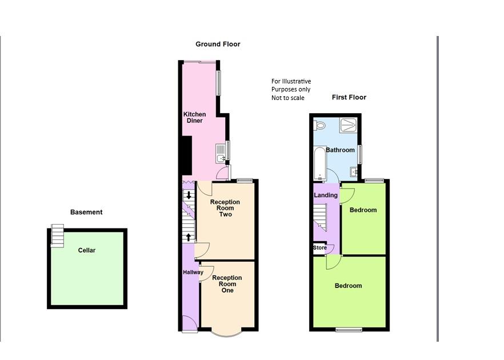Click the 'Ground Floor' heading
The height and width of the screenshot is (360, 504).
pyautogui.click(x=218, y=44)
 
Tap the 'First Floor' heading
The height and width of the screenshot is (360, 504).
pyautogui.click(x=349, y=97)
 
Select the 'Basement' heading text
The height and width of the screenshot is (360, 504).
pyautogui.click(x=86, y=212)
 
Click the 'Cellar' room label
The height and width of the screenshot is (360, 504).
pyautogui.click(x=87, y=250)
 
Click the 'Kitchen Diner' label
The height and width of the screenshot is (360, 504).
pyautogui.click(x=194, y=118)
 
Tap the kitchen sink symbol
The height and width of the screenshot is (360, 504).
pyautogui.click(x=221, y=152)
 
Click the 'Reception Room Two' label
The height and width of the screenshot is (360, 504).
pyautogui.click(x=225, y=208)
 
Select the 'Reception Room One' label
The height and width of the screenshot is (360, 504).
pyautogui.click(x=227, y=284)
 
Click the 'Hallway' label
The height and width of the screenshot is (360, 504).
pyautogui.click(x=193, y=273)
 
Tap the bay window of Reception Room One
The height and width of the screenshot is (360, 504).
pyautogui.click(x=227, y=332)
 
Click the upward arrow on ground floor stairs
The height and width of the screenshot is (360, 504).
pyautogui.click(x=189, y=237)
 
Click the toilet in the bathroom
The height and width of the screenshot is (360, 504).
pyautogui.click(x=319, y=125)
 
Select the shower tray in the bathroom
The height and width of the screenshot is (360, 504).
pyautogui.click(x=348, y=125)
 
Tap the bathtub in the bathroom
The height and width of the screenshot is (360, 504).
pyautogui.click(x=319, y=163)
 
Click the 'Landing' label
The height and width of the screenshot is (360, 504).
pyautogui.click(x=326, y=195)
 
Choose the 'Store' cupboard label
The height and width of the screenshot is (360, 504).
pyautogui.click(x=320, y=248)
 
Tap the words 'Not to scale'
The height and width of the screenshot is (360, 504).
pyautogui.click(x=288, y=98)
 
